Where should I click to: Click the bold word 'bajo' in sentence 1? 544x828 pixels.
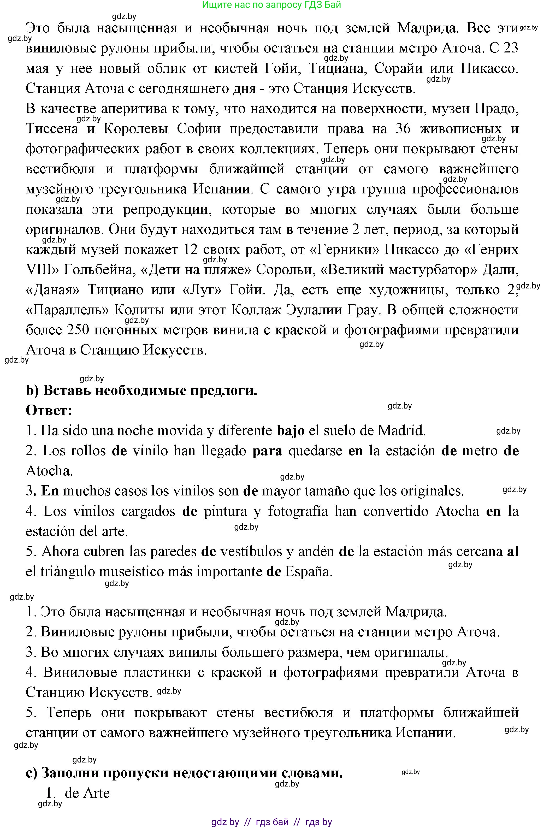coord(291,431)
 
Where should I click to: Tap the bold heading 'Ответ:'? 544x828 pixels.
coord(49,411)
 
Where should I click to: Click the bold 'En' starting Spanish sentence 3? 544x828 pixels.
coord(50,491)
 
